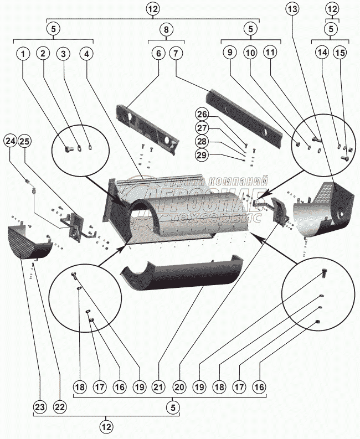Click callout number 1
(x=23, y=54)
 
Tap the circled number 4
(x=86, y=54)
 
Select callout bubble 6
(x=158, y=54)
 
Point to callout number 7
(x=176, y=54)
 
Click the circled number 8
(x=167, y=29)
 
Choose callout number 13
(x=292, y=9)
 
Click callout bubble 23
(x=39, y=407)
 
